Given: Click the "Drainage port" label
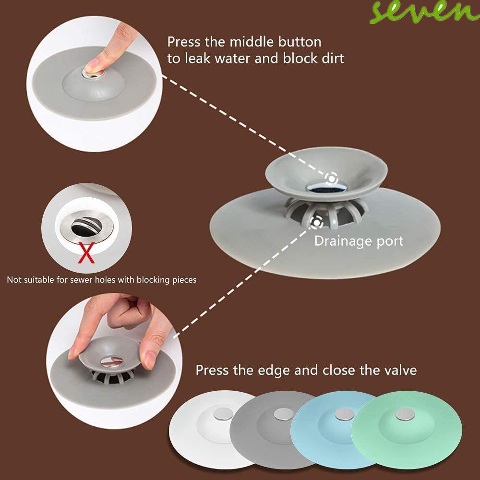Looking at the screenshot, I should click(359, 240).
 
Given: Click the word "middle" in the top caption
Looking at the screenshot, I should click(259, 42).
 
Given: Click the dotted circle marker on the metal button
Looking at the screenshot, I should click(331, 178).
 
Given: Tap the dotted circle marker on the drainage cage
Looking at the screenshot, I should click(316, 221).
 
